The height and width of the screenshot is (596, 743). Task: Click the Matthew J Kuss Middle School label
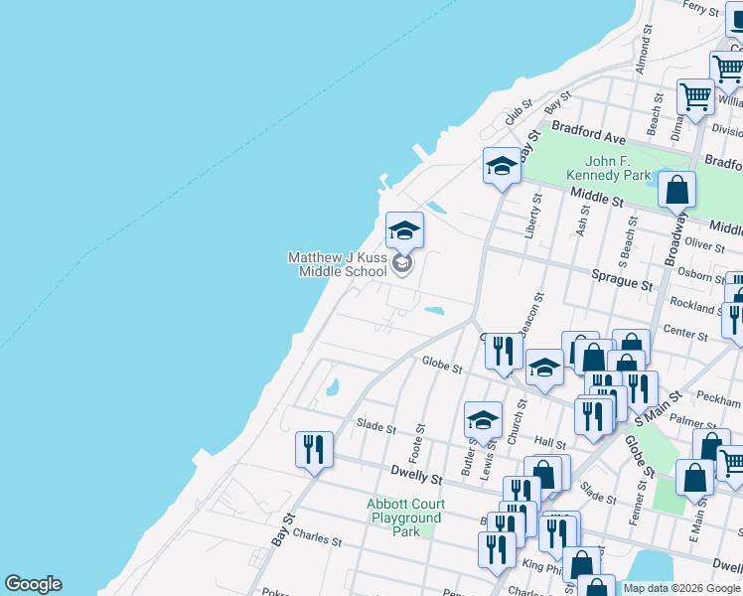tap(338, 264)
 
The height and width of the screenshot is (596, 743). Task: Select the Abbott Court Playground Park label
tap(405, 518)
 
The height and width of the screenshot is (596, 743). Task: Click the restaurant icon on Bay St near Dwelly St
tap(314, 448)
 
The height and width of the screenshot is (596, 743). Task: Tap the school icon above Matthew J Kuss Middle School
tap(404, 230)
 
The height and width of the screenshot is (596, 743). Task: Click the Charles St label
tap(317, 542)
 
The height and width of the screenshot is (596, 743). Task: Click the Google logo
tap(33, 584)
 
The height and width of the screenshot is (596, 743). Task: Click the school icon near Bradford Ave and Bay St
tap(502, 166)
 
